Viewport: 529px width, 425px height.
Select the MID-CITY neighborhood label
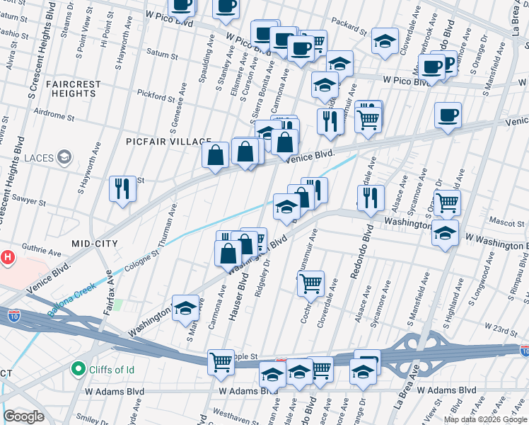[94, 243]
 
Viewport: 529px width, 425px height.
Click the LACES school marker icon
[65, 157]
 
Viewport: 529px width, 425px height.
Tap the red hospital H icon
[7, 256]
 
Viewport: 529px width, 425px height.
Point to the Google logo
[23, 416]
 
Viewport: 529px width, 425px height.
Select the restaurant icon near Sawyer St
[122, 188]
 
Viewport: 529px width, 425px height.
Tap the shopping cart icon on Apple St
[221, 361]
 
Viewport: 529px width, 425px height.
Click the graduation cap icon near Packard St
[385, 42]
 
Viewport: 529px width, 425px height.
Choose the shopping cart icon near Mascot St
[447, 203]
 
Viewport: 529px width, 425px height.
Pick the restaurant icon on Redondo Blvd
[370, 198]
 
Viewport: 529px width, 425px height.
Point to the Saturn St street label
[163, 52]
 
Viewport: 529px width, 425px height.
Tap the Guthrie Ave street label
[42, 251]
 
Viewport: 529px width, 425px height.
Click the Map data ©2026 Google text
[485, 419]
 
